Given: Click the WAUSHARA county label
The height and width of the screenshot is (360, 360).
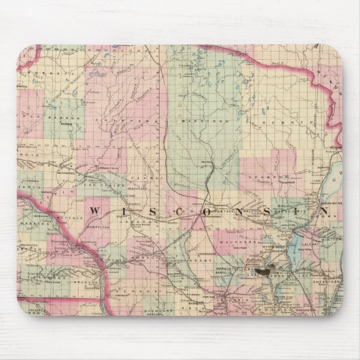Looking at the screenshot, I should (232, 240).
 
